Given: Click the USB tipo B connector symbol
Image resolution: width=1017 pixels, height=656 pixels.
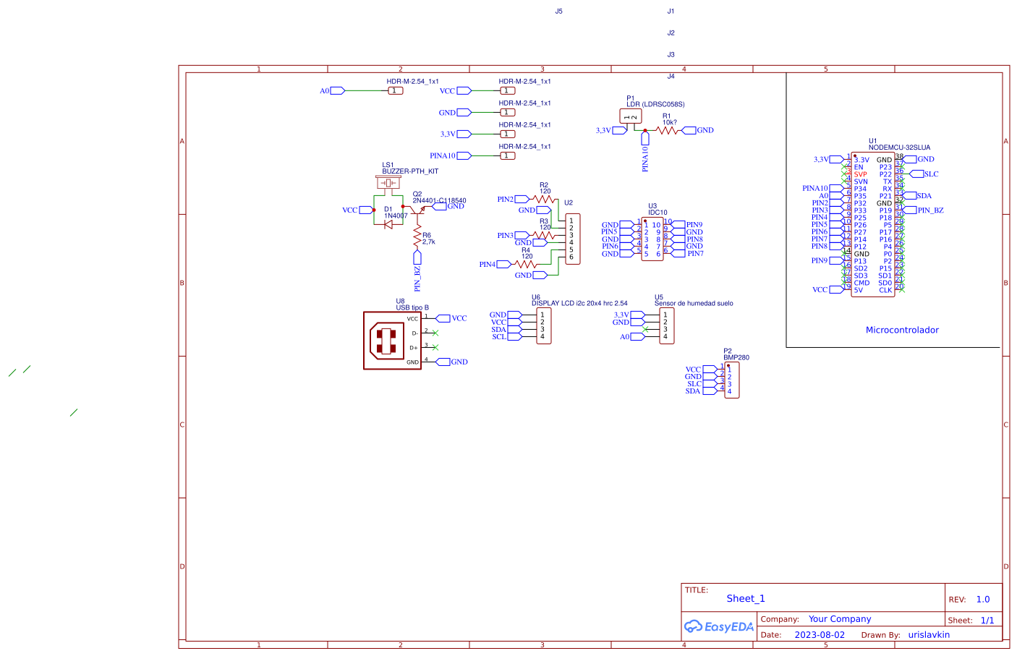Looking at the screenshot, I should [392, 341].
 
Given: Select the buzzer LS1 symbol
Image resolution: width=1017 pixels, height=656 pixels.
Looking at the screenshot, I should [388, 183].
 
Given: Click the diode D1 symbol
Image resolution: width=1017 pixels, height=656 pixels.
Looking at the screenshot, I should [388, 224].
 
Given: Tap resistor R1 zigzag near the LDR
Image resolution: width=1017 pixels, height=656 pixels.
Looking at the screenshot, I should [667, 131].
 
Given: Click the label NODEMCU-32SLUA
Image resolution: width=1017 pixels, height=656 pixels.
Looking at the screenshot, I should [899, 148].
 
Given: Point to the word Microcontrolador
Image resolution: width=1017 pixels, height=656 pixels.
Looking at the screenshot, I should [902, 331].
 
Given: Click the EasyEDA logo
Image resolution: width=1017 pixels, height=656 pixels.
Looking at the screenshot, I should [719, 626].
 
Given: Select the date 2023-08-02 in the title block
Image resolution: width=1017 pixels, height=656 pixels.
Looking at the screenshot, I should [819, 635].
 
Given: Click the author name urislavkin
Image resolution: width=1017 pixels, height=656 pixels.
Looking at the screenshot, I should [929, 635].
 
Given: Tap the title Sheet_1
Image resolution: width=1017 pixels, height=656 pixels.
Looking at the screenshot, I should [745, 599].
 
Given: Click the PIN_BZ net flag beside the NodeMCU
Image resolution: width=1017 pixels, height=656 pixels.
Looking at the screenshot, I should [929, 210].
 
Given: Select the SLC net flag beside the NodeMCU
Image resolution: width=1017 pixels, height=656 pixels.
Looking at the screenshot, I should [930, 174].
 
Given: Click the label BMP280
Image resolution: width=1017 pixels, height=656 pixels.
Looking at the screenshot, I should [736, 357].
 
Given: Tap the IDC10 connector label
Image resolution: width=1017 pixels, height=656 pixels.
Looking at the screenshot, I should [658, 213].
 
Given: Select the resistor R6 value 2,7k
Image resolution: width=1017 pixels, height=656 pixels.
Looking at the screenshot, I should [429, 242].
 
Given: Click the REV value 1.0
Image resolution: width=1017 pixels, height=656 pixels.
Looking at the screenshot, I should [982, 600].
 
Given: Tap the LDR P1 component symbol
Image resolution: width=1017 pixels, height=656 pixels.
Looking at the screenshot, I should [630, 116].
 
